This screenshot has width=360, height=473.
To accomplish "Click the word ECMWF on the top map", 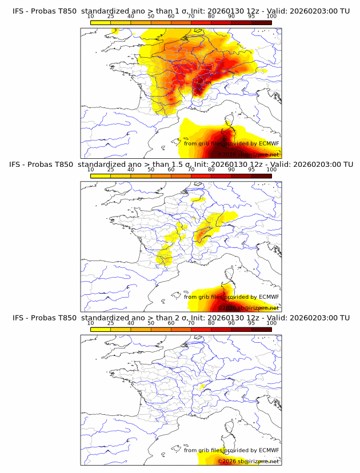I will click(x=269, y=143).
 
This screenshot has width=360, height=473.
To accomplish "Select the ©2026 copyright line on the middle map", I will click(x=249, y=308).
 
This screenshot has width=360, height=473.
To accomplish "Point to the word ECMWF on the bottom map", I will click(x=269, y=450).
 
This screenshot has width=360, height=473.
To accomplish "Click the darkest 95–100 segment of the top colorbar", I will click(x=261, y=22).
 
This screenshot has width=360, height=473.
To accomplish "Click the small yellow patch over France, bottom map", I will click(x=201, y=387).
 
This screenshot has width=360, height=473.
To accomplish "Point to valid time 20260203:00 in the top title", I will click(x=313, y=11).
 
